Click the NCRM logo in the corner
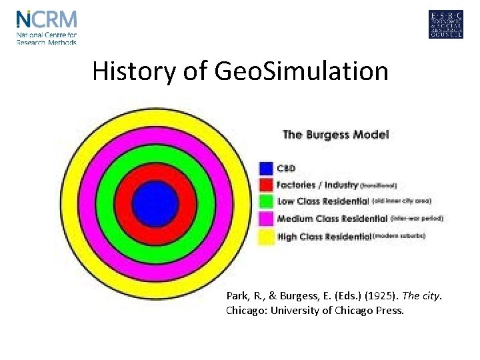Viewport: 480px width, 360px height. coord(47,27)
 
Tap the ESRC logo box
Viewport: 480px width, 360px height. coord(445,25)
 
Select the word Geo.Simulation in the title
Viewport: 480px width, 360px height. coord(301,71)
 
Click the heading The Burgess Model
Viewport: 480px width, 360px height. coord(335,135)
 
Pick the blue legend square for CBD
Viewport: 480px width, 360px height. coord(266,168)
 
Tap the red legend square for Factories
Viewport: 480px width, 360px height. coord(266,185)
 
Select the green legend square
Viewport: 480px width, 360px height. coord(266,201)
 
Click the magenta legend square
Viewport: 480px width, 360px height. coord(266,219)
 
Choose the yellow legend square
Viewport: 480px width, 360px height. coord(266,236)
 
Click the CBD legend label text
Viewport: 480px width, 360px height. coord(286,168)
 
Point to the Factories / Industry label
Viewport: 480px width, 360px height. coord(317,185)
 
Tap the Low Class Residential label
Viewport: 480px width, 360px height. coord(323,201)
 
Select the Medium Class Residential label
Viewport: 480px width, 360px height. coord(332,219)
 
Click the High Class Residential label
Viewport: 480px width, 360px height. coord(324,236)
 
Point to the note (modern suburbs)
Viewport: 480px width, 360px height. coord(399,236)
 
